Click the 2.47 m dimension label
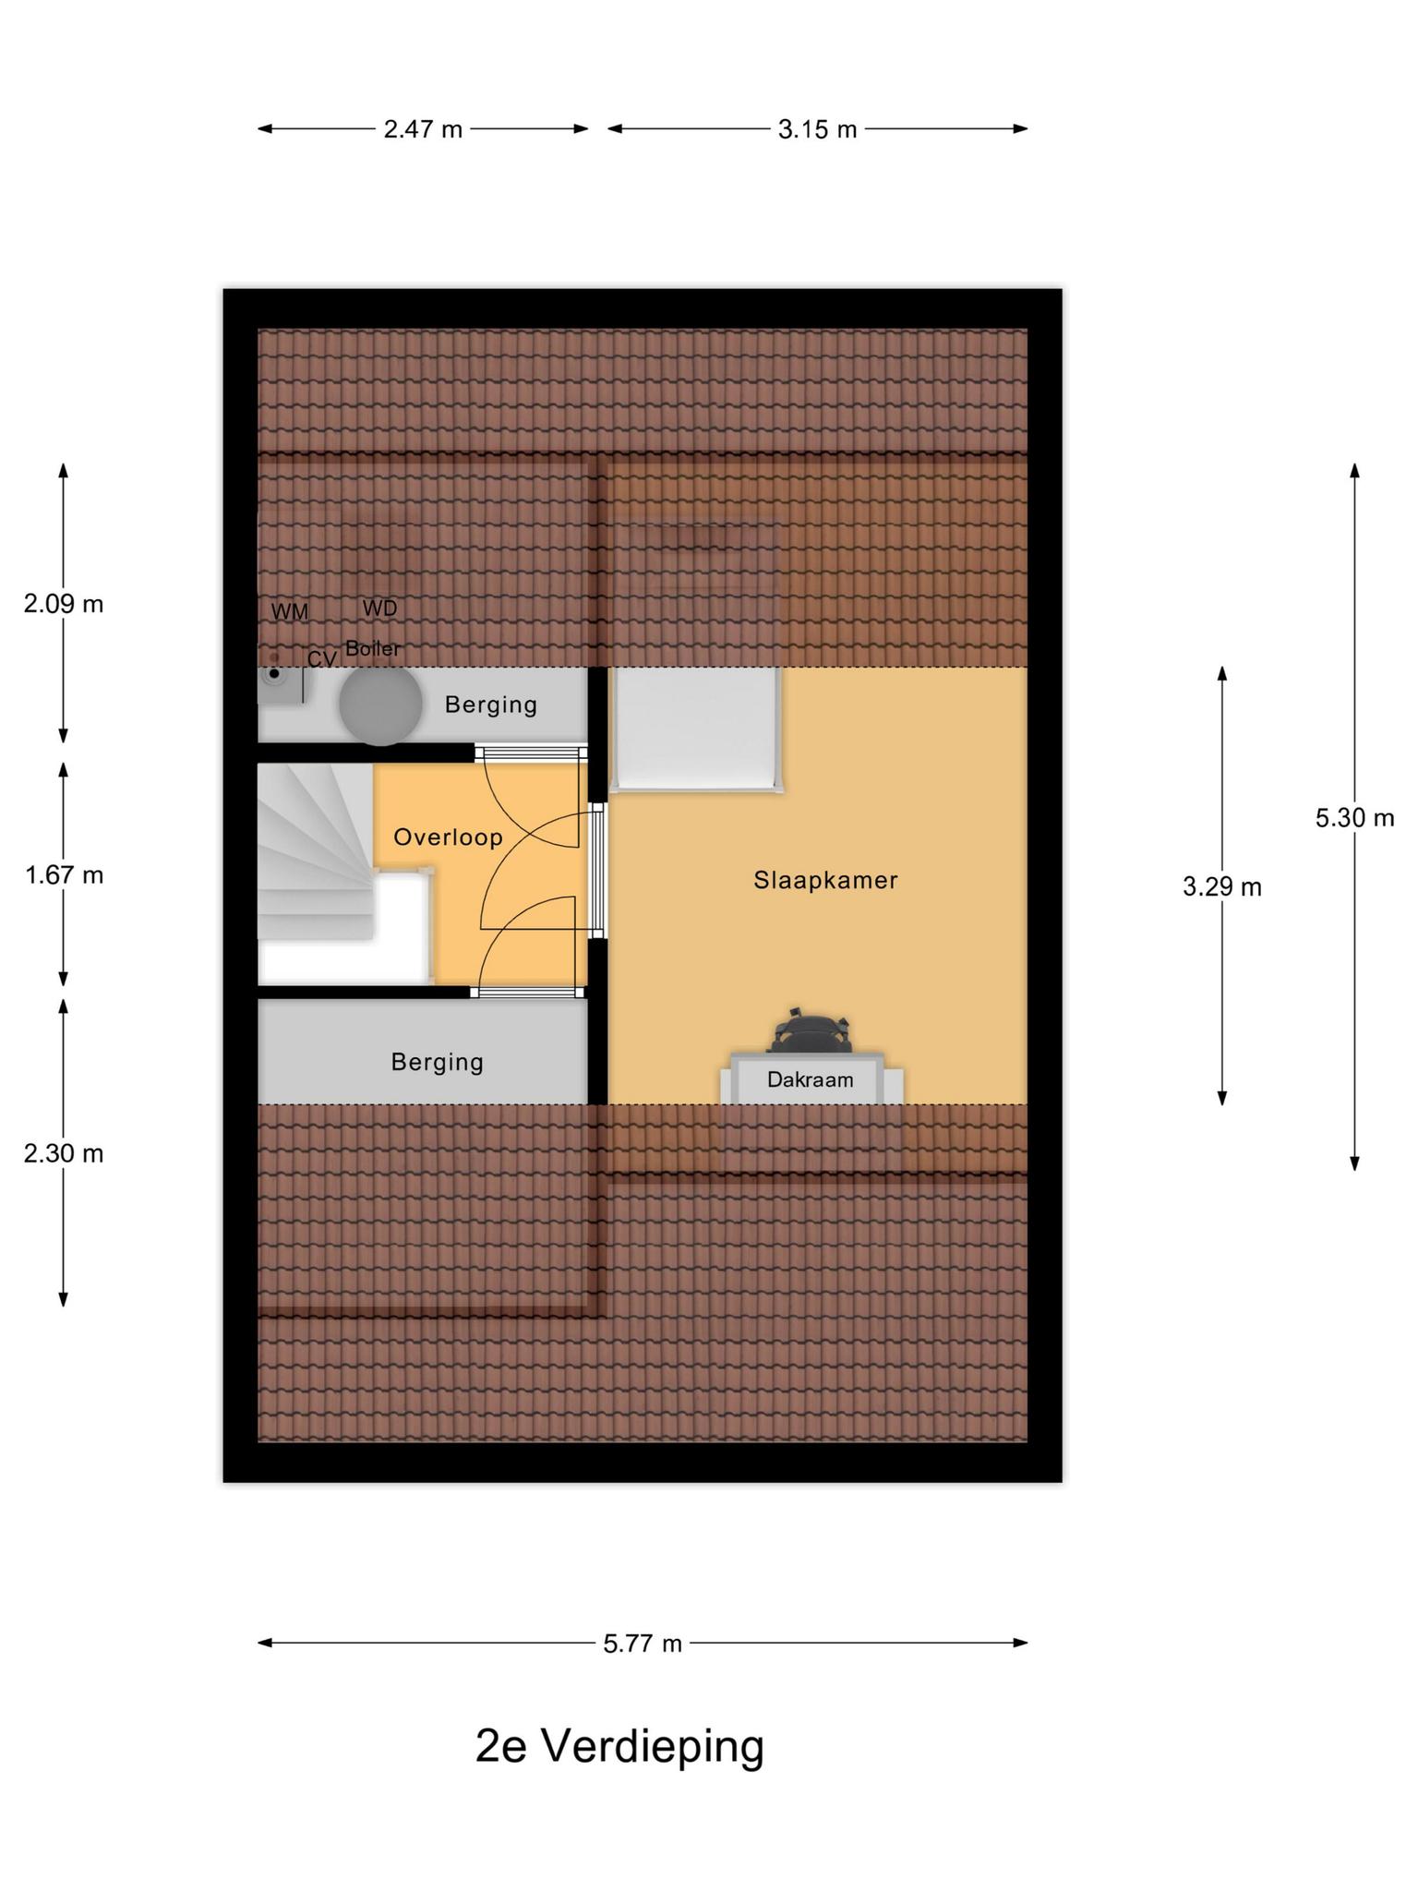tap(423, 129)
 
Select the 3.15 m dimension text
tap(817, 129)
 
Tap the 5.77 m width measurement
tap(643, 1644)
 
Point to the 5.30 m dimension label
tap(1354, 817)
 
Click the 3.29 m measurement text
tap(1221, 887)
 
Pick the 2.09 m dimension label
tap(64, 604)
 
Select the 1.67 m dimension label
tap(64, 874)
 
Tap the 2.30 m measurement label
tap(64, 1153)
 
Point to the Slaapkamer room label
tap(825, 880)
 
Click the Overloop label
tap(448, 837)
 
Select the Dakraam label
tap(810, 1079)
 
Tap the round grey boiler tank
tap(380, 705)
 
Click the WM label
tap(290, 611)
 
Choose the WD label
tap(379, 608)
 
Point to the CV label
tap(321, 659)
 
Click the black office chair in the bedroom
tap(807, 1030)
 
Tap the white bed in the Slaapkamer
tap(697, 729)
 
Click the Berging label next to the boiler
tap(490, 705)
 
